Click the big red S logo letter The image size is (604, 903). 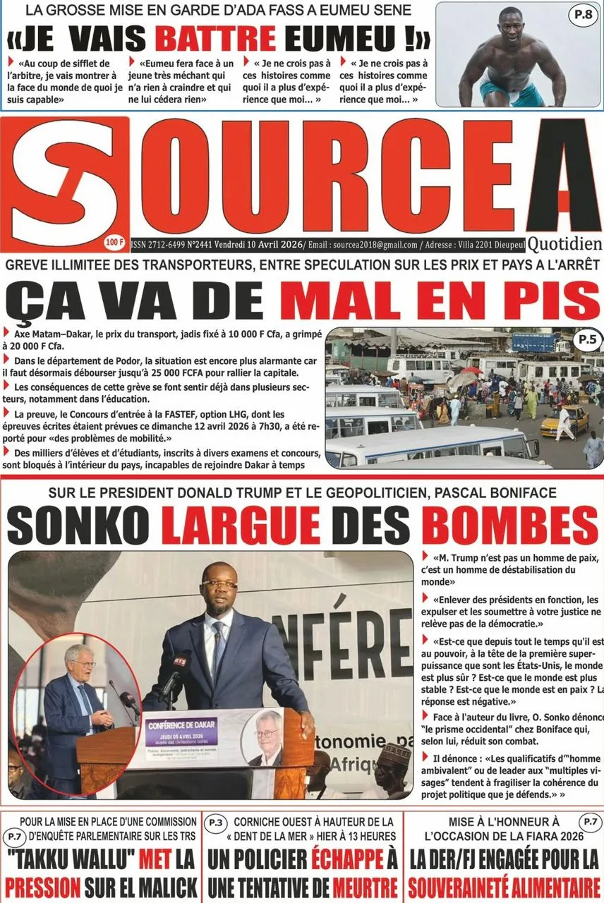point(68,182)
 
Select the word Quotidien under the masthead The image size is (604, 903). point(564,244)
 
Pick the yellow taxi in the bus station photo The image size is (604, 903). point(564,421)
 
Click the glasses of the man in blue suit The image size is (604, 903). point(219,584)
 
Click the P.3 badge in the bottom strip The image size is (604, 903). point(215,822)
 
